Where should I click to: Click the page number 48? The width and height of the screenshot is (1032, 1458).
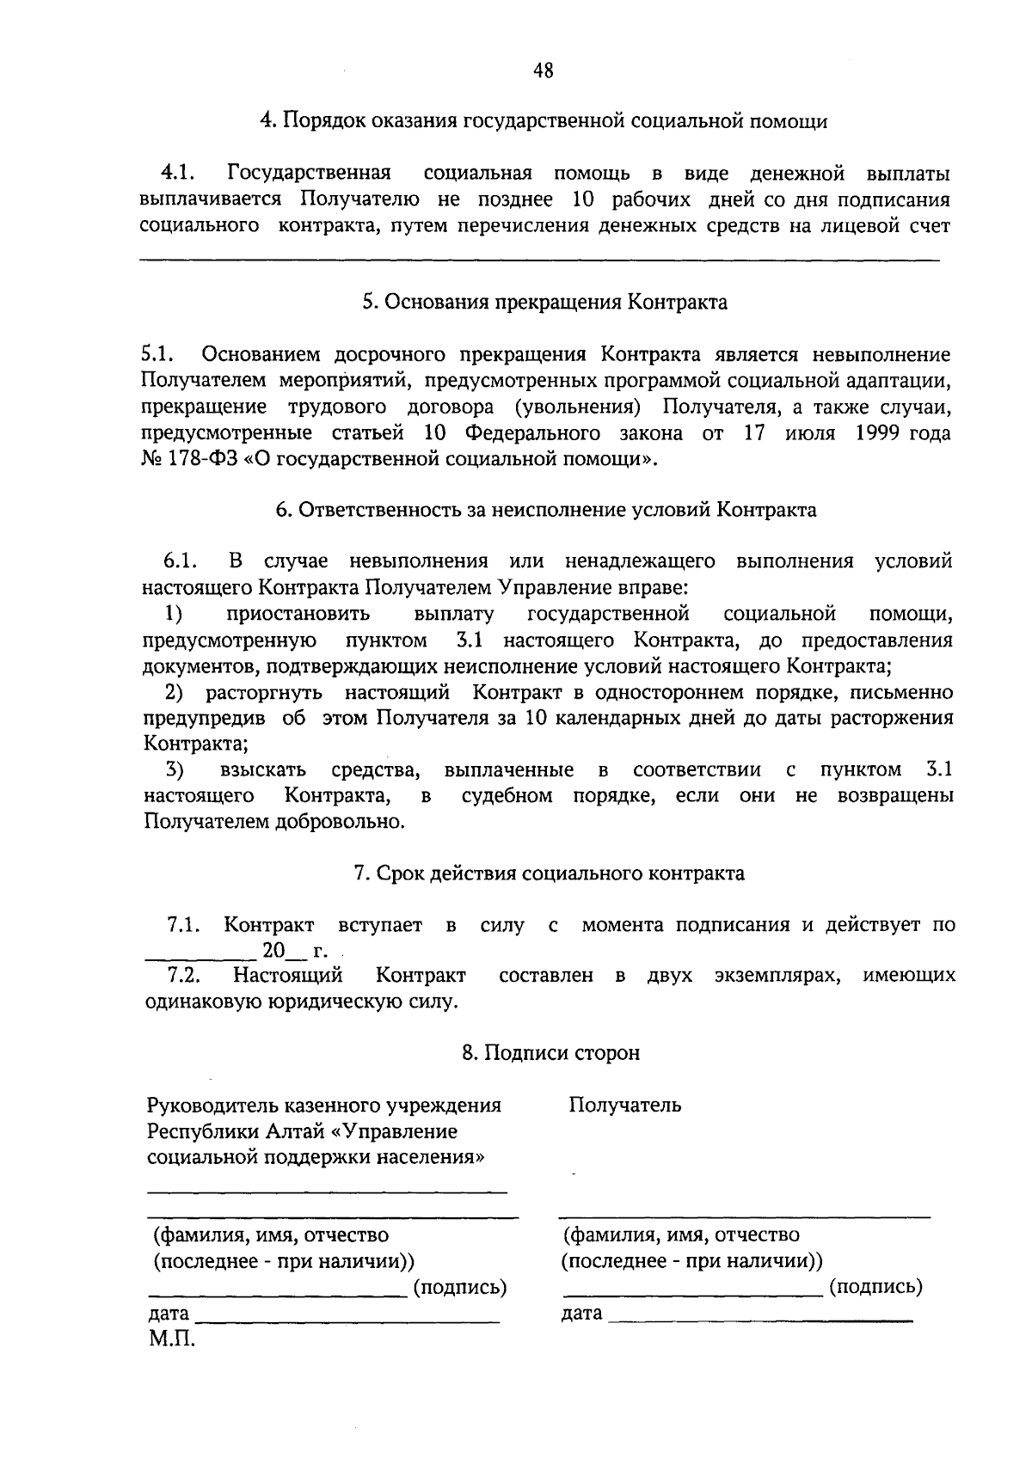coord(542,70)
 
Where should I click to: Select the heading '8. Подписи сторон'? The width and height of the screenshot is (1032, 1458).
coord(550,1053)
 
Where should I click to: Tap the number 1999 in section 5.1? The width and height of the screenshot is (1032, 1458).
coord(878,432)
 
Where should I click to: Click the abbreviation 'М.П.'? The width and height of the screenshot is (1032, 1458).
coord(172,1339)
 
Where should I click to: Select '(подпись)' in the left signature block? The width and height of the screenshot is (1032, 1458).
coord(460,1287)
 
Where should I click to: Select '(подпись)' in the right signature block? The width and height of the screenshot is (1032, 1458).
coord(875,1287)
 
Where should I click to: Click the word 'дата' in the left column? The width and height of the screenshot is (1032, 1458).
coord(168,1314)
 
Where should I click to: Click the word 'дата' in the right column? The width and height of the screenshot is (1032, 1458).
coord(582,1314)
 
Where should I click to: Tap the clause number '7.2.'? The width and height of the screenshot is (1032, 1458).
coord(184,976)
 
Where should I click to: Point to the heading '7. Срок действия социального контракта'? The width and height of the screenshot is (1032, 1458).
coord(549,873)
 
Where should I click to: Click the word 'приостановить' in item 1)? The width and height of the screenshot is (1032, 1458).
coord(298,614)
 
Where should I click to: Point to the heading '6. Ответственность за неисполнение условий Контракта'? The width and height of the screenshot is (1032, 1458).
coord(546,510)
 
